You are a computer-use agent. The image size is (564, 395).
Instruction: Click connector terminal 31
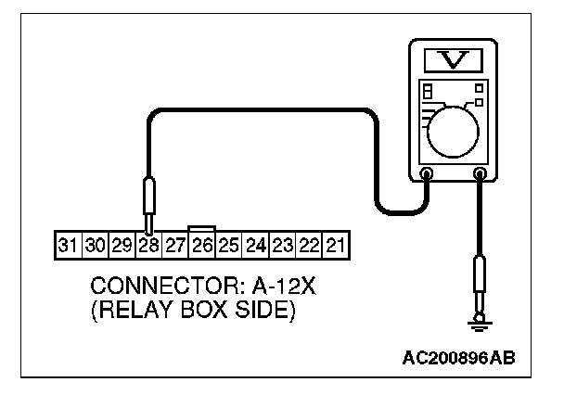[67, 246]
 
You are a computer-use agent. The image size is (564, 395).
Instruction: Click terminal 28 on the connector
[147, 246]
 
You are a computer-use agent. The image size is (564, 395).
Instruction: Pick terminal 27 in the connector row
[174, 246]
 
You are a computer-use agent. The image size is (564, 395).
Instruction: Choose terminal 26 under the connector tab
[201, 246]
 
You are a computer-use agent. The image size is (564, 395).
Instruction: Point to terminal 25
[228, 246]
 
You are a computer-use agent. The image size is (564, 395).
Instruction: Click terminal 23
[283, 246]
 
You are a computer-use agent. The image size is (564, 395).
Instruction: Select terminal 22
[310, 246]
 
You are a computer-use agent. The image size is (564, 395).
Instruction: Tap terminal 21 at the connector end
[337, 246]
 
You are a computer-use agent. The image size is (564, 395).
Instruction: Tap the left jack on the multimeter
[427, 173]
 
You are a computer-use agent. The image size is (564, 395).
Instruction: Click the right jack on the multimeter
[481, 173]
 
